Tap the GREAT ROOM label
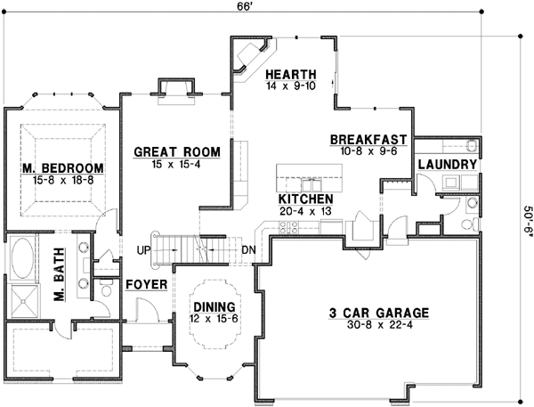[x=170, y=151]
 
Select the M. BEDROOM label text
[x=62, y=167]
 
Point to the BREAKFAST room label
[x=368, y=140]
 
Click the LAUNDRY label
[x=446, y=165]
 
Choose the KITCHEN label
[x=305, y=199]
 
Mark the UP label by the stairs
[x=142, y=249]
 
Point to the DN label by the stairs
[x=249, y=249]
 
